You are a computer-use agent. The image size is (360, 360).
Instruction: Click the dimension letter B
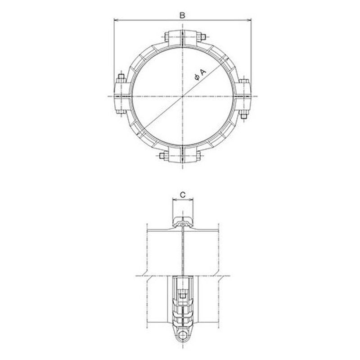(x=182, y=15)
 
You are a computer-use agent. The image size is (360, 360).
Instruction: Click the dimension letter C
(x=183, y=195)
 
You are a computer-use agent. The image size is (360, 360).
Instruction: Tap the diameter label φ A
(x=200, y=75)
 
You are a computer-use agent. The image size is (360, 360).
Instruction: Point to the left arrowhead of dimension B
(x=116, y=20)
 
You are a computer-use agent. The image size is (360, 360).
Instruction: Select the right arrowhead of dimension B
(x=249, y=20)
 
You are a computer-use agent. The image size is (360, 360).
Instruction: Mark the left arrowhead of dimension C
(x=174, y=200)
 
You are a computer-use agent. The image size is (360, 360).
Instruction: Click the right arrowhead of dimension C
(x=191, y=200)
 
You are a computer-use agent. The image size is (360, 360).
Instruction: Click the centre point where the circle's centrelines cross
(x=183, y=96)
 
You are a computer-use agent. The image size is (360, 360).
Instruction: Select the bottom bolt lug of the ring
(x=183, y=154)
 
